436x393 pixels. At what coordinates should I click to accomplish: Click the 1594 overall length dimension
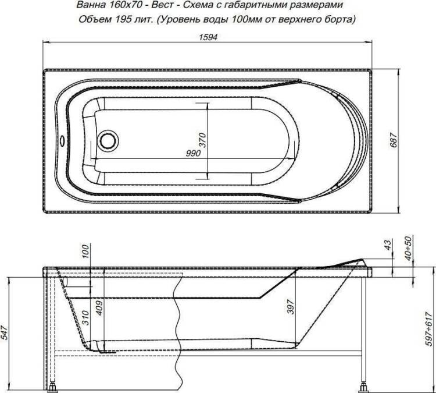click(x=208, y=37)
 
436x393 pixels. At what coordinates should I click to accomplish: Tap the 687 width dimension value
click(x=394, y=141)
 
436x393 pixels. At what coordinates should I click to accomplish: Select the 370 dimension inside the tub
click(x=203, y=140)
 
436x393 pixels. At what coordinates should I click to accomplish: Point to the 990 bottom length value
click(x=193, y=153)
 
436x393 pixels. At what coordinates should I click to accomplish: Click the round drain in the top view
click(x=107, y=141)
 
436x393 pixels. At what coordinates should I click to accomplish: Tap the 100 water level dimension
click(x=86, y=252)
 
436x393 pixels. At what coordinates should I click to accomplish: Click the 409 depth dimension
click(x=99, y=308)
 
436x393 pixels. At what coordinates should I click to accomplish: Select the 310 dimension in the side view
click(x=85, y=318)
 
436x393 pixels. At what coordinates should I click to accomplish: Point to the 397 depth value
click(x=290, y=307)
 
